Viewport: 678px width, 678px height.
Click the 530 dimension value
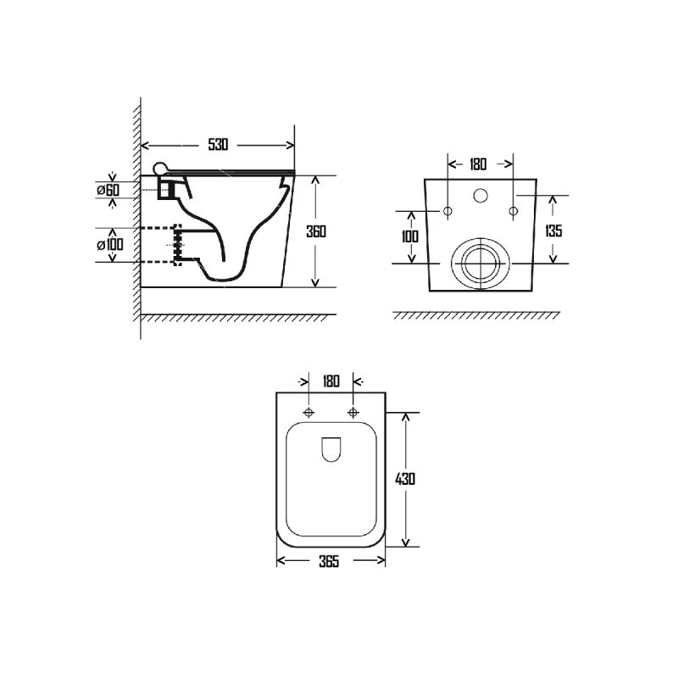tap(218, 144)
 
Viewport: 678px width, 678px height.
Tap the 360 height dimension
tap(316, 231)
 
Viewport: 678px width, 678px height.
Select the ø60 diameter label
tap(108, 190)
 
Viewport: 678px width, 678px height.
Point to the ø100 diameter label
tap(110, 245)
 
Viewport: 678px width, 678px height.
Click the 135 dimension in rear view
tap(553, 231)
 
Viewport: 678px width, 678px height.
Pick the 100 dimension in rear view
tap(410, 236)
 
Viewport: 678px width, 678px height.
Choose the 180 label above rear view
tap(478, 164)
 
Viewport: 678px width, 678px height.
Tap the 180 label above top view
tap(331, 381)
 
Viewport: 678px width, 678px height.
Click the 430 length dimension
tap(405, 479)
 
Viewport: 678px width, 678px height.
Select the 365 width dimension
tap(329, 561)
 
